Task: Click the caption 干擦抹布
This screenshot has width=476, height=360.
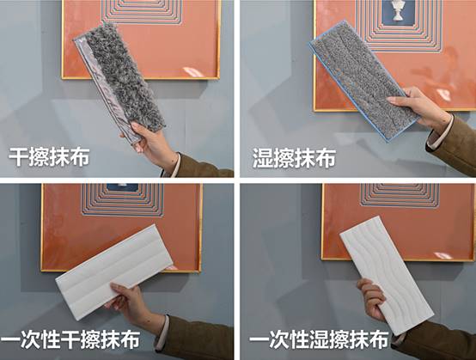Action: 49,157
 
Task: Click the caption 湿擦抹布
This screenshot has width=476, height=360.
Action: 294,158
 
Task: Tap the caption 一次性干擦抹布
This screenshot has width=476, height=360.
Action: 70,339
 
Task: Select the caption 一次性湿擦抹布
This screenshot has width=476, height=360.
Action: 319,339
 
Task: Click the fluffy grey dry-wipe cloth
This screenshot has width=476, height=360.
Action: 120,82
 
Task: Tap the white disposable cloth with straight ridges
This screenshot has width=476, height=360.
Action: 113,272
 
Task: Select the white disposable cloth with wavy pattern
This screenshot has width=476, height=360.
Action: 387,275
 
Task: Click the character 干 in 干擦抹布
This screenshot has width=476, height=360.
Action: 18,157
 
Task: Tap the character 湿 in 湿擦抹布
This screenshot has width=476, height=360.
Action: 263,158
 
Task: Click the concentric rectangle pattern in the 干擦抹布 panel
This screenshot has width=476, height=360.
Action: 142,11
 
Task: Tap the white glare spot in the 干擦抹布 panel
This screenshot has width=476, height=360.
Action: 193,72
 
